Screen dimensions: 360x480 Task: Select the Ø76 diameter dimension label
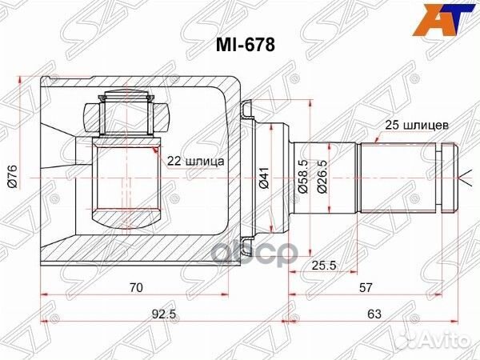(12, 170)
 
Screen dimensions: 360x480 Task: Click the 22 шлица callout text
(196, 161)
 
